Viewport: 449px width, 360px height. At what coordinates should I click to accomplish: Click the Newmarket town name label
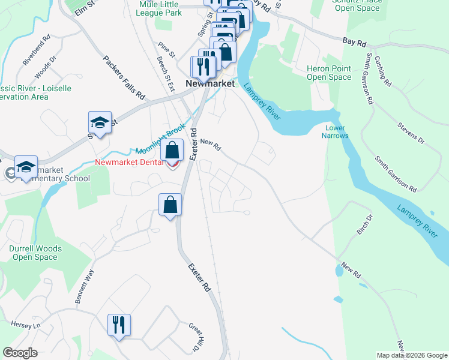[x=209, y=84]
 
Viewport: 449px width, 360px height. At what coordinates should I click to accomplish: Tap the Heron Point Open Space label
[x=328, y=73]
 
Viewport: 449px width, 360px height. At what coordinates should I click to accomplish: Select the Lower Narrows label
[x=336, y=131]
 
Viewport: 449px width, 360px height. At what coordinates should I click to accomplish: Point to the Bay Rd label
[x=354, y=41]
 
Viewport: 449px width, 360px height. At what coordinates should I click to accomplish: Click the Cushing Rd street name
[x=382, y=70]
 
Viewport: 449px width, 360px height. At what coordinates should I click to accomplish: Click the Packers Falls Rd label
[x=124, y=77]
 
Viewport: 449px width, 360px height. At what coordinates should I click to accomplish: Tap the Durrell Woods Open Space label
[x=34, y=253]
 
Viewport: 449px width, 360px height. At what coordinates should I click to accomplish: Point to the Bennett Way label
[x=85, y=286]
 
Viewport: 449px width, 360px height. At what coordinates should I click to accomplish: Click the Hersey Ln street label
[x=25, y=325]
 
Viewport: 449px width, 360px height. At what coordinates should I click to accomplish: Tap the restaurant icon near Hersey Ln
[x=118, y=325]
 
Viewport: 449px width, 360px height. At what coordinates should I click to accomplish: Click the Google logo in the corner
[x=20, y=353]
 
